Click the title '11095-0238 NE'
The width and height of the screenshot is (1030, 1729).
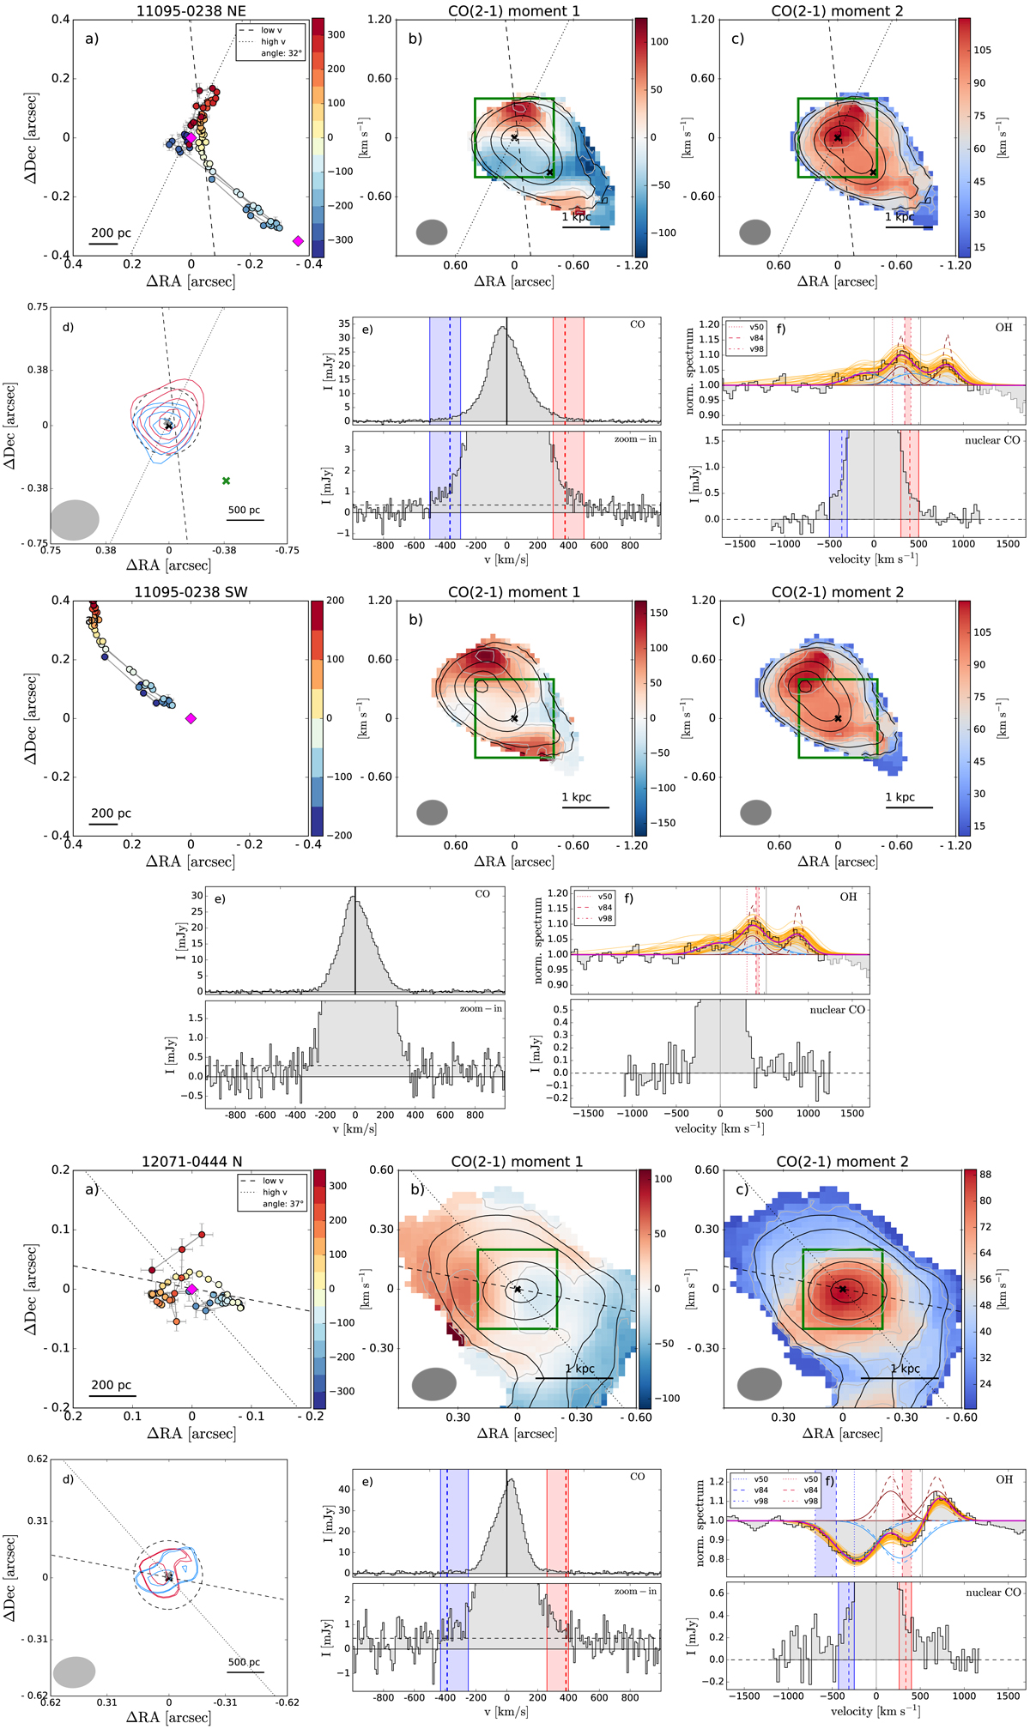[191, 11]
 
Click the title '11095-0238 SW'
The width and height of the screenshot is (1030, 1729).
[191, 592]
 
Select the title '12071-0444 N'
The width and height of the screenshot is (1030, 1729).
[191, 1162]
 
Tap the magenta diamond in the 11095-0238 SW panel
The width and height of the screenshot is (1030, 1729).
[191, 718]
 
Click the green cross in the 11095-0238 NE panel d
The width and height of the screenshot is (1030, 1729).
[226, 481]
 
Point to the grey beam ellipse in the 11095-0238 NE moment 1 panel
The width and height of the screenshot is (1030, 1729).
[432, 232]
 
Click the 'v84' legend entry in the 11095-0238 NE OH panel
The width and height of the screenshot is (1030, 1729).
[756, 338]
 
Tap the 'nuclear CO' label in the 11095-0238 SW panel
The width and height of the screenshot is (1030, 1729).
[837, 1010]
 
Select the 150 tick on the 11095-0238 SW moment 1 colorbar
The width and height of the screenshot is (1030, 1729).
[659, 614]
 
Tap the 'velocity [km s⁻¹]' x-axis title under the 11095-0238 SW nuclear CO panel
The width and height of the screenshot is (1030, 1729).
[719, 1128]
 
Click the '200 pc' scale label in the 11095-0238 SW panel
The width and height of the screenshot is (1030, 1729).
[111, 813]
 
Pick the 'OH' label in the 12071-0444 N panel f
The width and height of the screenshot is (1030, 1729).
[1004, 1479]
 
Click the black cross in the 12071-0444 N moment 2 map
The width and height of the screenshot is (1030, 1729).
[843, 1289]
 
